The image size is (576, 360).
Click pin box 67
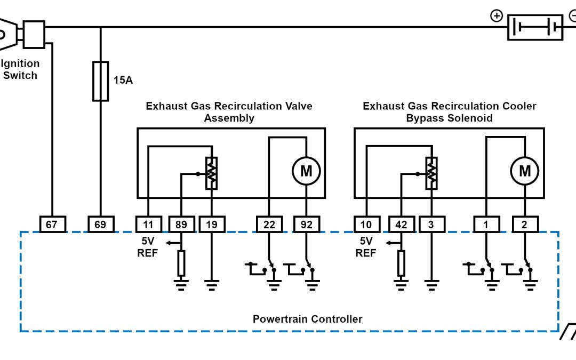click(52, 225)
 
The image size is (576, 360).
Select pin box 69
click(100, 225)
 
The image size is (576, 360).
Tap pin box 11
click(148, 225)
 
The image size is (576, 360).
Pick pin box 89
click(181, 225)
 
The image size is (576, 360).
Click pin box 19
click(212, 225)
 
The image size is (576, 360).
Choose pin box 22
click(269, 225)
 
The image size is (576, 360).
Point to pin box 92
click(306, 225)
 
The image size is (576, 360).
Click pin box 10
click(366, 225)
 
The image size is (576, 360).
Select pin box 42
click(401, 225)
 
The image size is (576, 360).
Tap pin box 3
click(431, 225)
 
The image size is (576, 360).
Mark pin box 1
click(486, 225)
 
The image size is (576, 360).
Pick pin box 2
click(525, 225)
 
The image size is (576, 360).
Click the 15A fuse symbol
click(101, 81)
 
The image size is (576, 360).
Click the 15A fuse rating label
click(123, 81)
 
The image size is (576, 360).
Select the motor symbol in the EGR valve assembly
click(306, 171)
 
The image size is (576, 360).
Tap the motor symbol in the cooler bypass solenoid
click(525, 171)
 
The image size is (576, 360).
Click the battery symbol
click(535, 27)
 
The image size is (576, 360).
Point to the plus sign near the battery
click(497, 16)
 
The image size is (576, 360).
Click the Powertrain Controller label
click(307, 319)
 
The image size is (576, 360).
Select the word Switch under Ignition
click(20, 75)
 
